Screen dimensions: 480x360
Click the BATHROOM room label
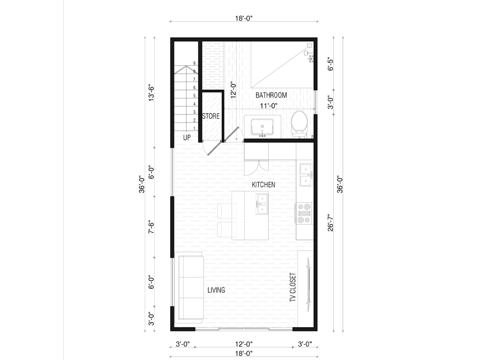[271, 95]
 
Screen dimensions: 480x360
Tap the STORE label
[211, 116]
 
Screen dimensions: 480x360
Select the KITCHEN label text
[263, 185]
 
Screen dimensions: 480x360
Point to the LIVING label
[216, 290]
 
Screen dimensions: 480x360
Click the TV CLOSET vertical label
[293, 287]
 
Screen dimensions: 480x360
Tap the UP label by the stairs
[187, 137]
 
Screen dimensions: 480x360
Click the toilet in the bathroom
[299, 124]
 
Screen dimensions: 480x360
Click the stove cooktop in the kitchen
[304, 213]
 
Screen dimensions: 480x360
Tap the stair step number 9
[195, 63]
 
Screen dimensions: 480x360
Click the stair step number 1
[195, 128]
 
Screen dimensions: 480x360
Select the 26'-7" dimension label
[330, 222]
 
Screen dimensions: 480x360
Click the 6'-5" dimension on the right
[330, 64]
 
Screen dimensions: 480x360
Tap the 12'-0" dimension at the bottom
[244, 344]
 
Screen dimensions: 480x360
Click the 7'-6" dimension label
[151, 227]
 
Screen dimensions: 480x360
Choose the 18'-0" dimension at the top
[244, 18]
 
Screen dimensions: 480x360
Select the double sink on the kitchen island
[262, 204]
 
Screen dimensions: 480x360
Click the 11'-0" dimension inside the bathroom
[269, 106]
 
